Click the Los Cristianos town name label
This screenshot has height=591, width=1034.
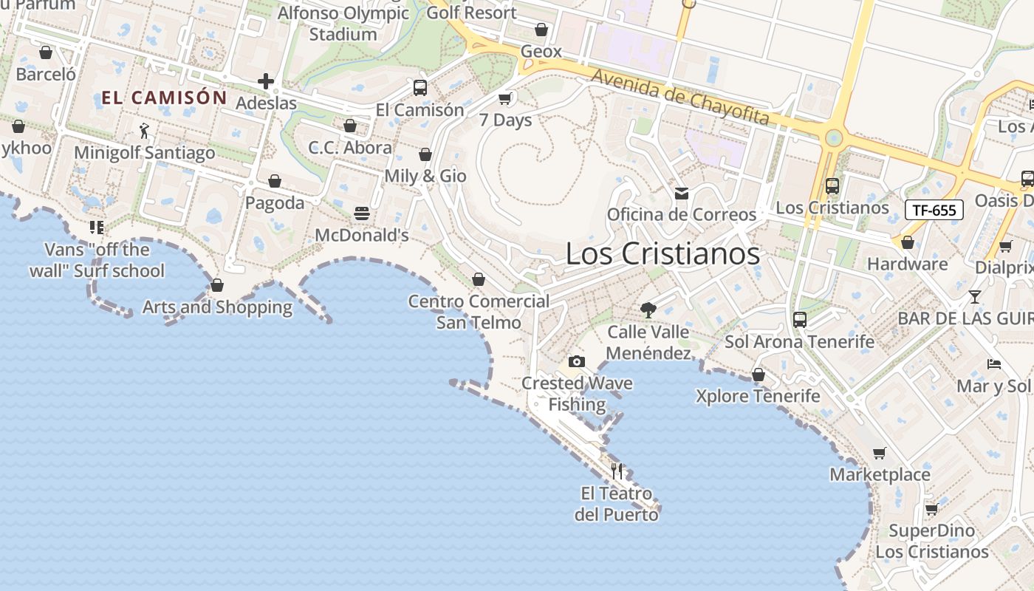(662, 253)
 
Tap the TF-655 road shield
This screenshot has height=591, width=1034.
(934, 210)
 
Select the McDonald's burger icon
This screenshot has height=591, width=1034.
(362, 213)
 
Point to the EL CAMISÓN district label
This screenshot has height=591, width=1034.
(164, 98)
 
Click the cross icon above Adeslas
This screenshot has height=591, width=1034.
(266, 81)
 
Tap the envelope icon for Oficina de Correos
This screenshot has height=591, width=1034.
(681, 194)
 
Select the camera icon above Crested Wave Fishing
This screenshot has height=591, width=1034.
(577, 361)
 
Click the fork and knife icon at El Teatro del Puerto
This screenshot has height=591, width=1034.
(617, 471)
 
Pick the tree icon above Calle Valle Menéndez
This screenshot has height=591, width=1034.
(648, 310)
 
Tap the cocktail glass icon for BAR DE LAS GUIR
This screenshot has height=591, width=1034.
(975, 297)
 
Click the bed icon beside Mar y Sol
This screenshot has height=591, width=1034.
(994, 363)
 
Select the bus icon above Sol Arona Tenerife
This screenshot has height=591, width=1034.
(800, 320)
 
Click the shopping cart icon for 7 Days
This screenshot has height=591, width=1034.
(505, 98)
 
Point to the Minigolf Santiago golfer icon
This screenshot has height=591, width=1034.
(144, 131)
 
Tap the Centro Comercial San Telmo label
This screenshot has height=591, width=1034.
(479, 312)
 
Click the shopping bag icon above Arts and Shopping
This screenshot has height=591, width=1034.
(217, 285)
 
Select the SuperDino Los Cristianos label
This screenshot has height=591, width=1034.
(932, 542)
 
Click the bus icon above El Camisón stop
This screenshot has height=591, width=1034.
(420, 88)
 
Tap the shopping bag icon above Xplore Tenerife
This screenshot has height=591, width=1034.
(758, 375)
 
